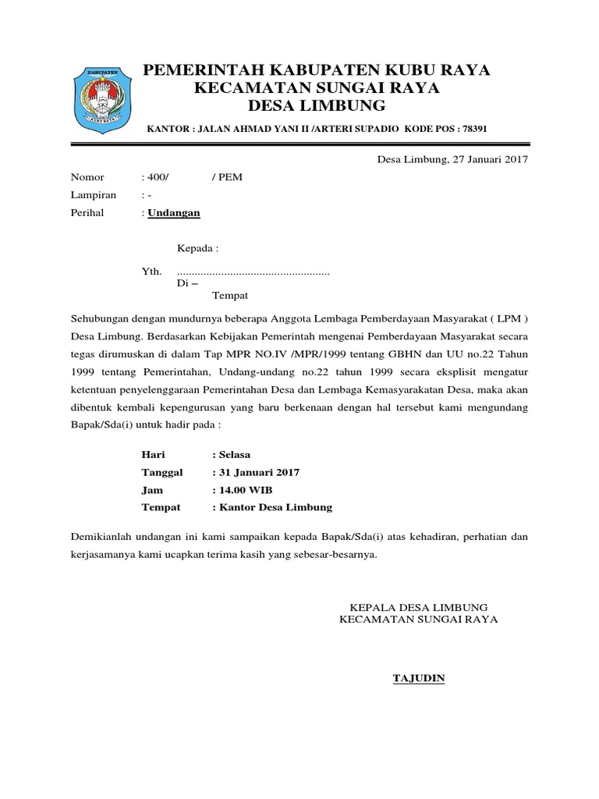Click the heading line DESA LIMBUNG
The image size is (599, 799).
coord(316,105)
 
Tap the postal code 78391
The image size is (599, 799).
coord(474,128)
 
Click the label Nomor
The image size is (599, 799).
coord(87,177)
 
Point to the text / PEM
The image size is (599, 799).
coord(227,177)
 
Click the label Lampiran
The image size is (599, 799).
coord(94,194)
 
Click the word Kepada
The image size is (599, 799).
coord(197,249)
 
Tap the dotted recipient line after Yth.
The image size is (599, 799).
coord(253,272)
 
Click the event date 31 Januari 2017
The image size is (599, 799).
coord(255,472)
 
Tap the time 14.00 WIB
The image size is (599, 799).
coord(245,489)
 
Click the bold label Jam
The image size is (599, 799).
coord(151,489)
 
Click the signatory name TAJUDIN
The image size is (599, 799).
coord(418,678)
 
